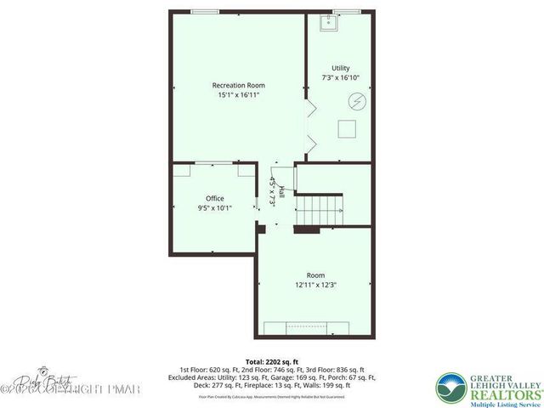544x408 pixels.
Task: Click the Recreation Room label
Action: coord(238,85)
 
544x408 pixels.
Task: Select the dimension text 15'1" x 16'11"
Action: coord(238,95)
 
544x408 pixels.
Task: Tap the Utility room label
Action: coord(340,68)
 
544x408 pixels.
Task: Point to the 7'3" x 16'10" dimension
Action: coord(340,77)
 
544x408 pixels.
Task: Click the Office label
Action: coord(214,198)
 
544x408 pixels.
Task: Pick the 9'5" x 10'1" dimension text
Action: coord(214,207)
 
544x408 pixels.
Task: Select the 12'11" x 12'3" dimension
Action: coord(315,285)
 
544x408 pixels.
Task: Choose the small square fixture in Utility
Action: coord(347,128)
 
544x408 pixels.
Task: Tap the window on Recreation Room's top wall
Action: coord(203,11)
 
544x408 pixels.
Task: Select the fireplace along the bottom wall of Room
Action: coord(309,329)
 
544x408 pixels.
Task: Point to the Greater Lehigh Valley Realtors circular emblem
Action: coord(451,388)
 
